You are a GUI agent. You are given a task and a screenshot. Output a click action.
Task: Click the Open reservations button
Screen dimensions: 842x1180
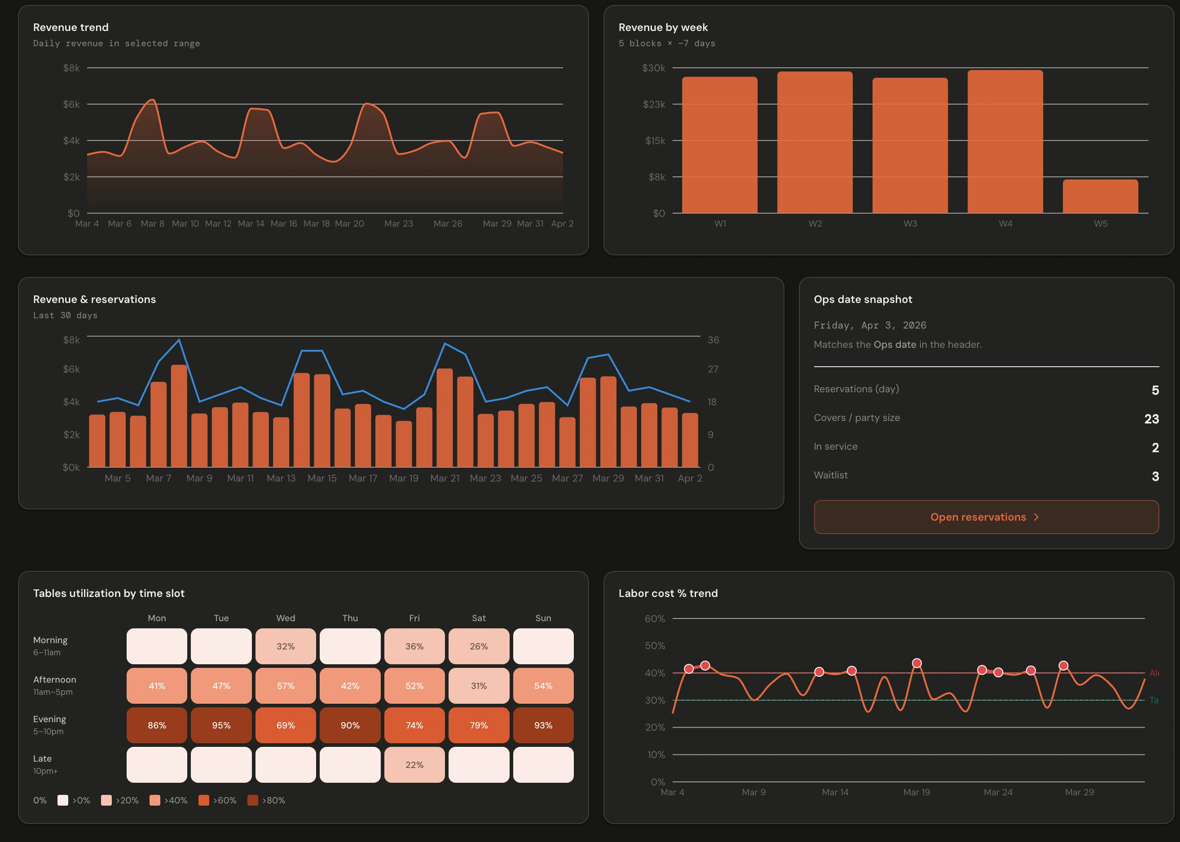coord(986,517)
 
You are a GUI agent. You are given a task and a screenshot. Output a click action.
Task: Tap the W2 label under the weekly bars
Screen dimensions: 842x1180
coord(815,224)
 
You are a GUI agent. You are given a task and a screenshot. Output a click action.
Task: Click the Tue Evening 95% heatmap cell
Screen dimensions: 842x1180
coord(221,725)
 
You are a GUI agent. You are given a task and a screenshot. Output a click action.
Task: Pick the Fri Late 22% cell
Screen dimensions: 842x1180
coord(414,764)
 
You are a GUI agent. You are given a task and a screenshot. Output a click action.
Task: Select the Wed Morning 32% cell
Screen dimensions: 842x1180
coord(285,646)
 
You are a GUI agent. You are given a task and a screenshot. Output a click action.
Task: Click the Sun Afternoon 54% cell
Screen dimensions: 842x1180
coord(542,685)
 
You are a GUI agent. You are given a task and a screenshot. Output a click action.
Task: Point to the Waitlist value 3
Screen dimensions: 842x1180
coord(1154,476)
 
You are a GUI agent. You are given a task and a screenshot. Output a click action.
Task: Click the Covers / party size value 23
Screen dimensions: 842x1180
coord(1151,418)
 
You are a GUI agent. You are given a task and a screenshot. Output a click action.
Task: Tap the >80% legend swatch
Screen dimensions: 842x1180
coord(253,800)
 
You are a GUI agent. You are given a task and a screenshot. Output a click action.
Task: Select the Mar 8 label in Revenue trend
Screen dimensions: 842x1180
coord(152,224)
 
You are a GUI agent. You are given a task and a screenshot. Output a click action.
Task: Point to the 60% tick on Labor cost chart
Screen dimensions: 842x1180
coord(654,618)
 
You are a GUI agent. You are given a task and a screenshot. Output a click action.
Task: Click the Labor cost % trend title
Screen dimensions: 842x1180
coord(668,593)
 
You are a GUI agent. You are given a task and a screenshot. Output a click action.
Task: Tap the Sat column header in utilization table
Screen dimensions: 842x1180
coord(478,618)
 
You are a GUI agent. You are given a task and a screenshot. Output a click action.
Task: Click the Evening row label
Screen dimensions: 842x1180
coord(49,719)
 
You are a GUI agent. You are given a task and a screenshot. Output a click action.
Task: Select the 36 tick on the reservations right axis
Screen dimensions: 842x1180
coord(713,340)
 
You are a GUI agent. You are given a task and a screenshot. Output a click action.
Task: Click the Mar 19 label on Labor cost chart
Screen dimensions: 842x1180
coord(916,792)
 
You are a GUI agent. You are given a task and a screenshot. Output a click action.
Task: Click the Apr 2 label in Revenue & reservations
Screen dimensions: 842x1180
coord(689,478)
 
